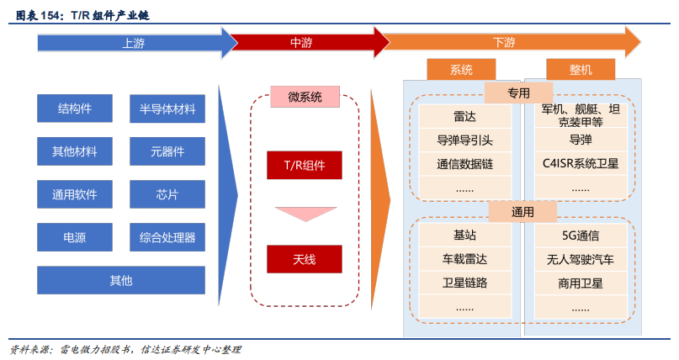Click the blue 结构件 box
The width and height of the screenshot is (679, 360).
75,109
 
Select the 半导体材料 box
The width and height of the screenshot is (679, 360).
167,109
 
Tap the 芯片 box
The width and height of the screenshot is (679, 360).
167,194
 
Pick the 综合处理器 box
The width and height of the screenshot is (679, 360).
167,237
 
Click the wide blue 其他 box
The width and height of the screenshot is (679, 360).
121,280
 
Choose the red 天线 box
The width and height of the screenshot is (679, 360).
304,259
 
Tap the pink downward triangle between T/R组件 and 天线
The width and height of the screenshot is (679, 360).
305,214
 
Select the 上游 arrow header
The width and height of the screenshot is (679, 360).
126,42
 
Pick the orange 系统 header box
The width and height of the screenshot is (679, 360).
461,69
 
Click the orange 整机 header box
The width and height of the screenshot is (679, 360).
581,69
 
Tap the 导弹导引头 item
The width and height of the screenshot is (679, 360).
464,140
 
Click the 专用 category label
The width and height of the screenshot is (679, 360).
518,93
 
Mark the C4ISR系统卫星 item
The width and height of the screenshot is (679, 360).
581,163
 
